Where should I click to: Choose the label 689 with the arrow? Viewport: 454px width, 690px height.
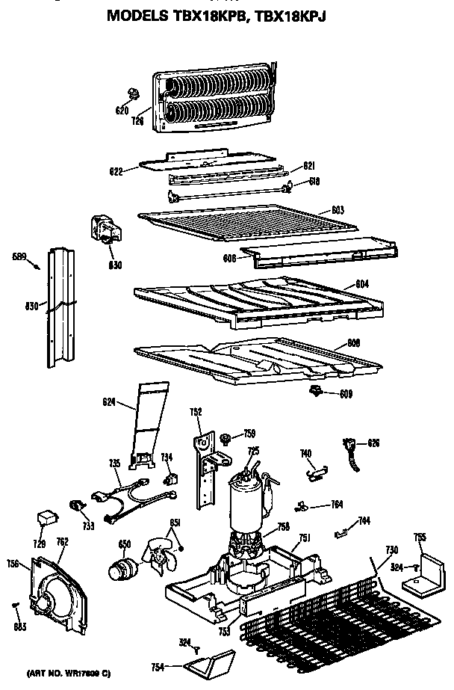click(x=20, y=258)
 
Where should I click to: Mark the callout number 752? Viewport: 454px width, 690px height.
click(x=195, y=410)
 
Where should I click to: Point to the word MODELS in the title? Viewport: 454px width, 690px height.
click(x=137, y=14)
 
